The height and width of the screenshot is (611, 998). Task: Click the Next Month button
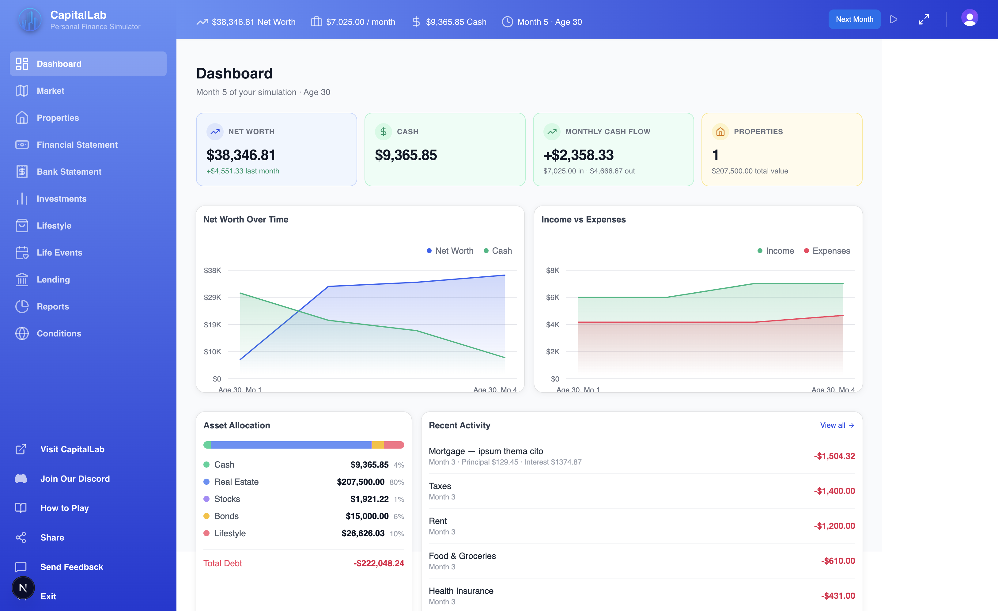pyautogui.click(x=854, y=19)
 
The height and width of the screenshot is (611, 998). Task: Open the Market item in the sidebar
pyautogui.click(x=50, y=91)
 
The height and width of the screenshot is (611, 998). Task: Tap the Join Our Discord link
pyautogui.click(x=75, y=479)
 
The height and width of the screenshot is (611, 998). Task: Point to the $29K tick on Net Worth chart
pyautogui.click(x=212, y=298)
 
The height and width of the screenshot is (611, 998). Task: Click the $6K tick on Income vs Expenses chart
pyautogui.click(x=553, y=298)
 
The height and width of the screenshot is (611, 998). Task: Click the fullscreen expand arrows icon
pyautogui.click(x=924, y=19)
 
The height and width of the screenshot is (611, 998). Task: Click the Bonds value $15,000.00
pyautogui.click(x=367, y=516)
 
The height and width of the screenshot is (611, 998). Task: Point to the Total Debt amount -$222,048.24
pyautogui.click(x=378, y=563)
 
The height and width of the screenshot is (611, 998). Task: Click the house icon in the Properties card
pyautogui.click(x=720, y=132)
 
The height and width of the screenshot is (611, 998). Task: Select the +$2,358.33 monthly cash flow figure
pyautogui.click(x=578, y=155)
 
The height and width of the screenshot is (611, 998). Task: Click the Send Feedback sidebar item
pyautogui.click(x=71, y=567)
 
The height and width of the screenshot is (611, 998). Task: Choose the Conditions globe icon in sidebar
pyautogui.click(x=22, y=333)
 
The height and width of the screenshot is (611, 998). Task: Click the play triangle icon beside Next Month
pyautogui.click(x=894, y=19)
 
